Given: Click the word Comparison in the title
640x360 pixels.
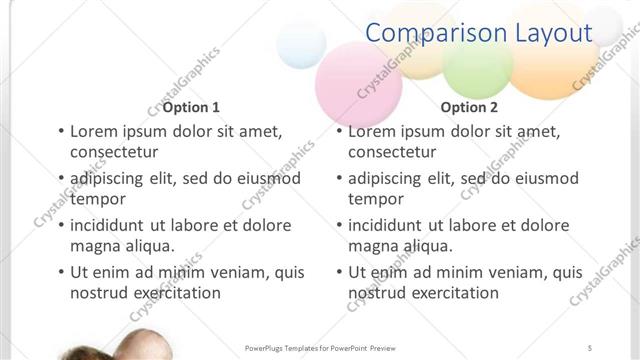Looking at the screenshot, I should tap(436, 32).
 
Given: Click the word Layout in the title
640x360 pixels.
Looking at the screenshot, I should tap(553, 32).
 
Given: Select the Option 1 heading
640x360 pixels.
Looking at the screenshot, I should tap(191, 107).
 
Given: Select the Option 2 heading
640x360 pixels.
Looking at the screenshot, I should tap(468, 107).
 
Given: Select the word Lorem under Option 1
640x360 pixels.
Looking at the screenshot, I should tap(94, 131).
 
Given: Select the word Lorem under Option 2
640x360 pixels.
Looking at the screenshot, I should tap(372, 131).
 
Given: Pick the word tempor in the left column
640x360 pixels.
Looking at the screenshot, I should tap(96, 199).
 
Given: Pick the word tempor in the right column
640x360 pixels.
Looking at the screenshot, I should tap(374, 199).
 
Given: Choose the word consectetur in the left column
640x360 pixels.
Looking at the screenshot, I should tap(114, 153).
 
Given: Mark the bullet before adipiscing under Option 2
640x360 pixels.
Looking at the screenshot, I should tap(339, 179).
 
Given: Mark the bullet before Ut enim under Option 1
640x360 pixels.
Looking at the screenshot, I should tap(61, 272).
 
